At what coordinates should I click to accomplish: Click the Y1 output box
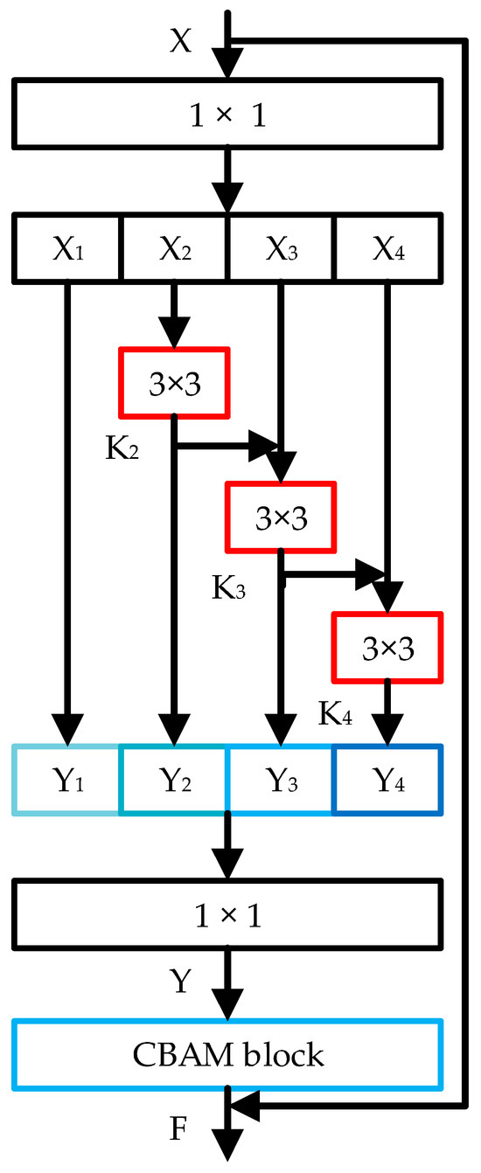(x=66, y=780)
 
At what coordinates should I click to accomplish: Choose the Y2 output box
(x=173, y=780)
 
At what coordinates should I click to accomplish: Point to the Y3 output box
(x=280, y=780)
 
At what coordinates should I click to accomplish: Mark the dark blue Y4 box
(x=387, y=780)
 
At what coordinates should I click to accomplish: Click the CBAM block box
(x=227, y=1054)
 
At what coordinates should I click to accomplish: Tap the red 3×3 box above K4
(x=387, y=648)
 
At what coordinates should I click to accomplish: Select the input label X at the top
(x=181, y=42)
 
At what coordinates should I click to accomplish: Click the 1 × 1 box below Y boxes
(x=227, y=917)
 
